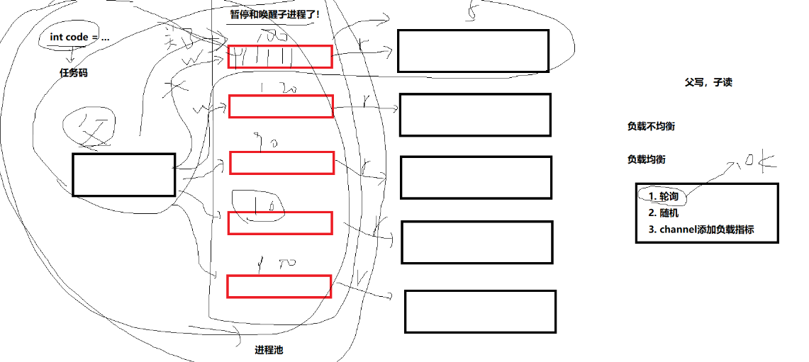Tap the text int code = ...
(79, 37)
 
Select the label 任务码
(74, 72)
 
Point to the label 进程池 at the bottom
(269, 350)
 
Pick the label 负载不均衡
(650, 126)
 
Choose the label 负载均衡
(646, 159)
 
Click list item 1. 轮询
(663, 196)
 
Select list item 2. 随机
(664, 213)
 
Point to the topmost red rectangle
(280, 57)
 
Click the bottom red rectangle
(279, 286)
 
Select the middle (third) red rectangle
(281, 163)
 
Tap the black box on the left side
(123, 175)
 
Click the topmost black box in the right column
(473, 51)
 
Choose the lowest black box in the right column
(480, 311)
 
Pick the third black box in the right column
(476, 178)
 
